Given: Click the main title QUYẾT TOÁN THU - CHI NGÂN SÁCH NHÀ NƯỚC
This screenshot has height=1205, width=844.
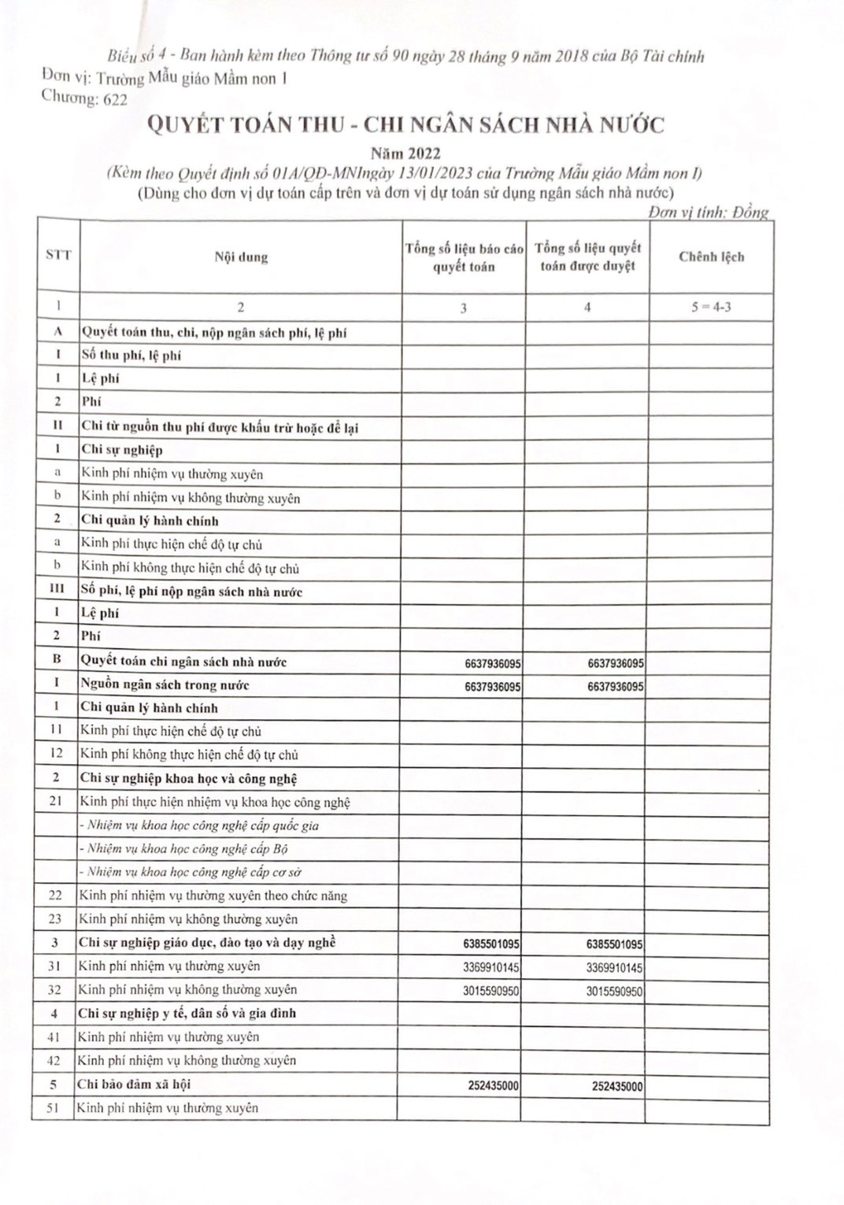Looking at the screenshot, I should [x=405, y=125].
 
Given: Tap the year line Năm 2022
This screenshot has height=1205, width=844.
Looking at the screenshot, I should [x=405, y=154].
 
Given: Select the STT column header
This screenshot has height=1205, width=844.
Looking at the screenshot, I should [x=58, y=255].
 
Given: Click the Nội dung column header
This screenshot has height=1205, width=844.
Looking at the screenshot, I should [x=241, y=257].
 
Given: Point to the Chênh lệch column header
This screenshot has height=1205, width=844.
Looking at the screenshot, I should [x=711, y=257].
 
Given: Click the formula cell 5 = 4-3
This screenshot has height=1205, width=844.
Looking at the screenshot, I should [x=711, y=307].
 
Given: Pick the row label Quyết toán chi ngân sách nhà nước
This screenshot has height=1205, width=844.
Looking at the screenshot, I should [x=183, y=662].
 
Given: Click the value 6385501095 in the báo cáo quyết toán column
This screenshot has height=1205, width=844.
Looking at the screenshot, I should [x=491, y=944].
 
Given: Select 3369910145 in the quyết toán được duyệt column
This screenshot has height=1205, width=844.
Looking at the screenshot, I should [x=614, y=967].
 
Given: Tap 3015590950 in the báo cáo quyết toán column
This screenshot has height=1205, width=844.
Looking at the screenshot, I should [x=491, y=991].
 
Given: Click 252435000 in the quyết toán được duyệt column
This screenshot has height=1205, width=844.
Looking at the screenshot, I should [x=617, y=1086].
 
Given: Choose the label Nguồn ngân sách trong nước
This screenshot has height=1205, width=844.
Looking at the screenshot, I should [x=165, y=685].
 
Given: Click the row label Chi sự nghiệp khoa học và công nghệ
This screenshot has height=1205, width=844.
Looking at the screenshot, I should [x=188, y=779].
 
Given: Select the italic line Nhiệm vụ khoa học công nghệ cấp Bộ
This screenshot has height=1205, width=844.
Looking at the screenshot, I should [x=183, y=849].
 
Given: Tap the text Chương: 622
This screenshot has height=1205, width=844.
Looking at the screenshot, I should [x=84, y=98].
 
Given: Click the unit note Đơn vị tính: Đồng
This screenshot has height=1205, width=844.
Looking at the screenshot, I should [x=708, y=213].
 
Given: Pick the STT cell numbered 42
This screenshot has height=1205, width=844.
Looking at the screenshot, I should [x=54, y=1061].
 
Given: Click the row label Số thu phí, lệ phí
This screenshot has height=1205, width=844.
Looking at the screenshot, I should [x=131, y=355].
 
